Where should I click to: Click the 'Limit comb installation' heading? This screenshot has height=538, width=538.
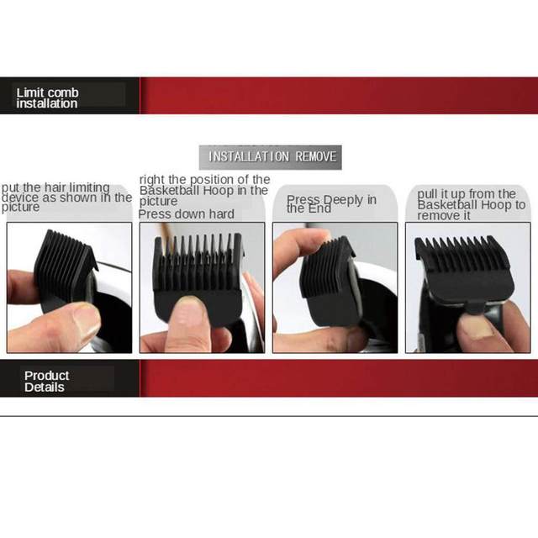click(47, 98)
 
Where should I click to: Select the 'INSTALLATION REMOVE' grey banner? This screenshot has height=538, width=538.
click(272, 156)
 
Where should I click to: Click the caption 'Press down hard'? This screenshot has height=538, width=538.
click(186, 214)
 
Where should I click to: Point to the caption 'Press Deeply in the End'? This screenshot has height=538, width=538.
click(331, 203)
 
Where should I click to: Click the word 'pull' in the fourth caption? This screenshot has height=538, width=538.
click(429, 194)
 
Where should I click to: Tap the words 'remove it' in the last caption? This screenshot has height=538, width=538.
click(440, 215)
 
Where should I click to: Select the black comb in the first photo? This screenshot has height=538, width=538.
click(64, 261)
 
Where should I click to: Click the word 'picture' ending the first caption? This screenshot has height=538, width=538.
click(20, 207)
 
